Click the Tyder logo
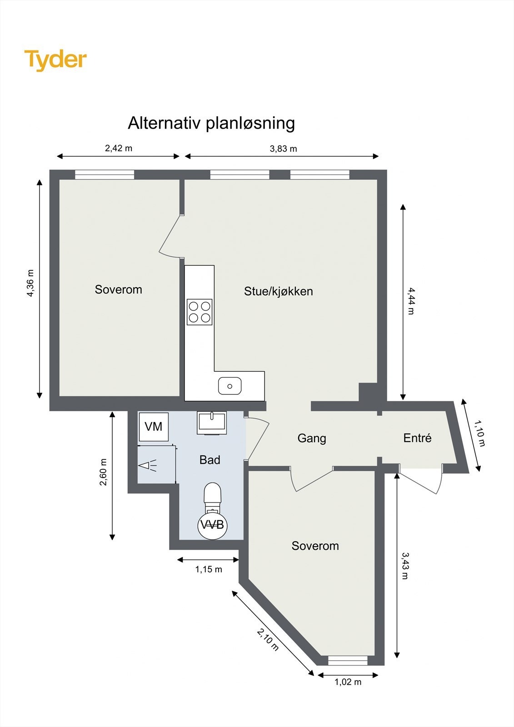point(55,60)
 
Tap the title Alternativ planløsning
point(211,123)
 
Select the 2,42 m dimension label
point(119,148)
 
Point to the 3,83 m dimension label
point(283,149)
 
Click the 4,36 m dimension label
point(30,284)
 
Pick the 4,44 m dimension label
point(411,301)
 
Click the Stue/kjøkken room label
point(278,291)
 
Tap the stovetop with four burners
point(200,312)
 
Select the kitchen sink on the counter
point(230,386)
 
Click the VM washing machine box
point(154,426)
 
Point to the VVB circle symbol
point(212,525)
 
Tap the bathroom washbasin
point(212,423)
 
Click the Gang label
point(312,438)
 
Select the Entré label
point(417,438)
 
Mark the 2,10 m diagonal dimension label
point(268,639)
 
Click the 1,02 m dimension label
point(348,682)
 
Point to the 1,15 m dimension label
point(209,569)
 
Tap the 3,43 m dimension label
point(405,566)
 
